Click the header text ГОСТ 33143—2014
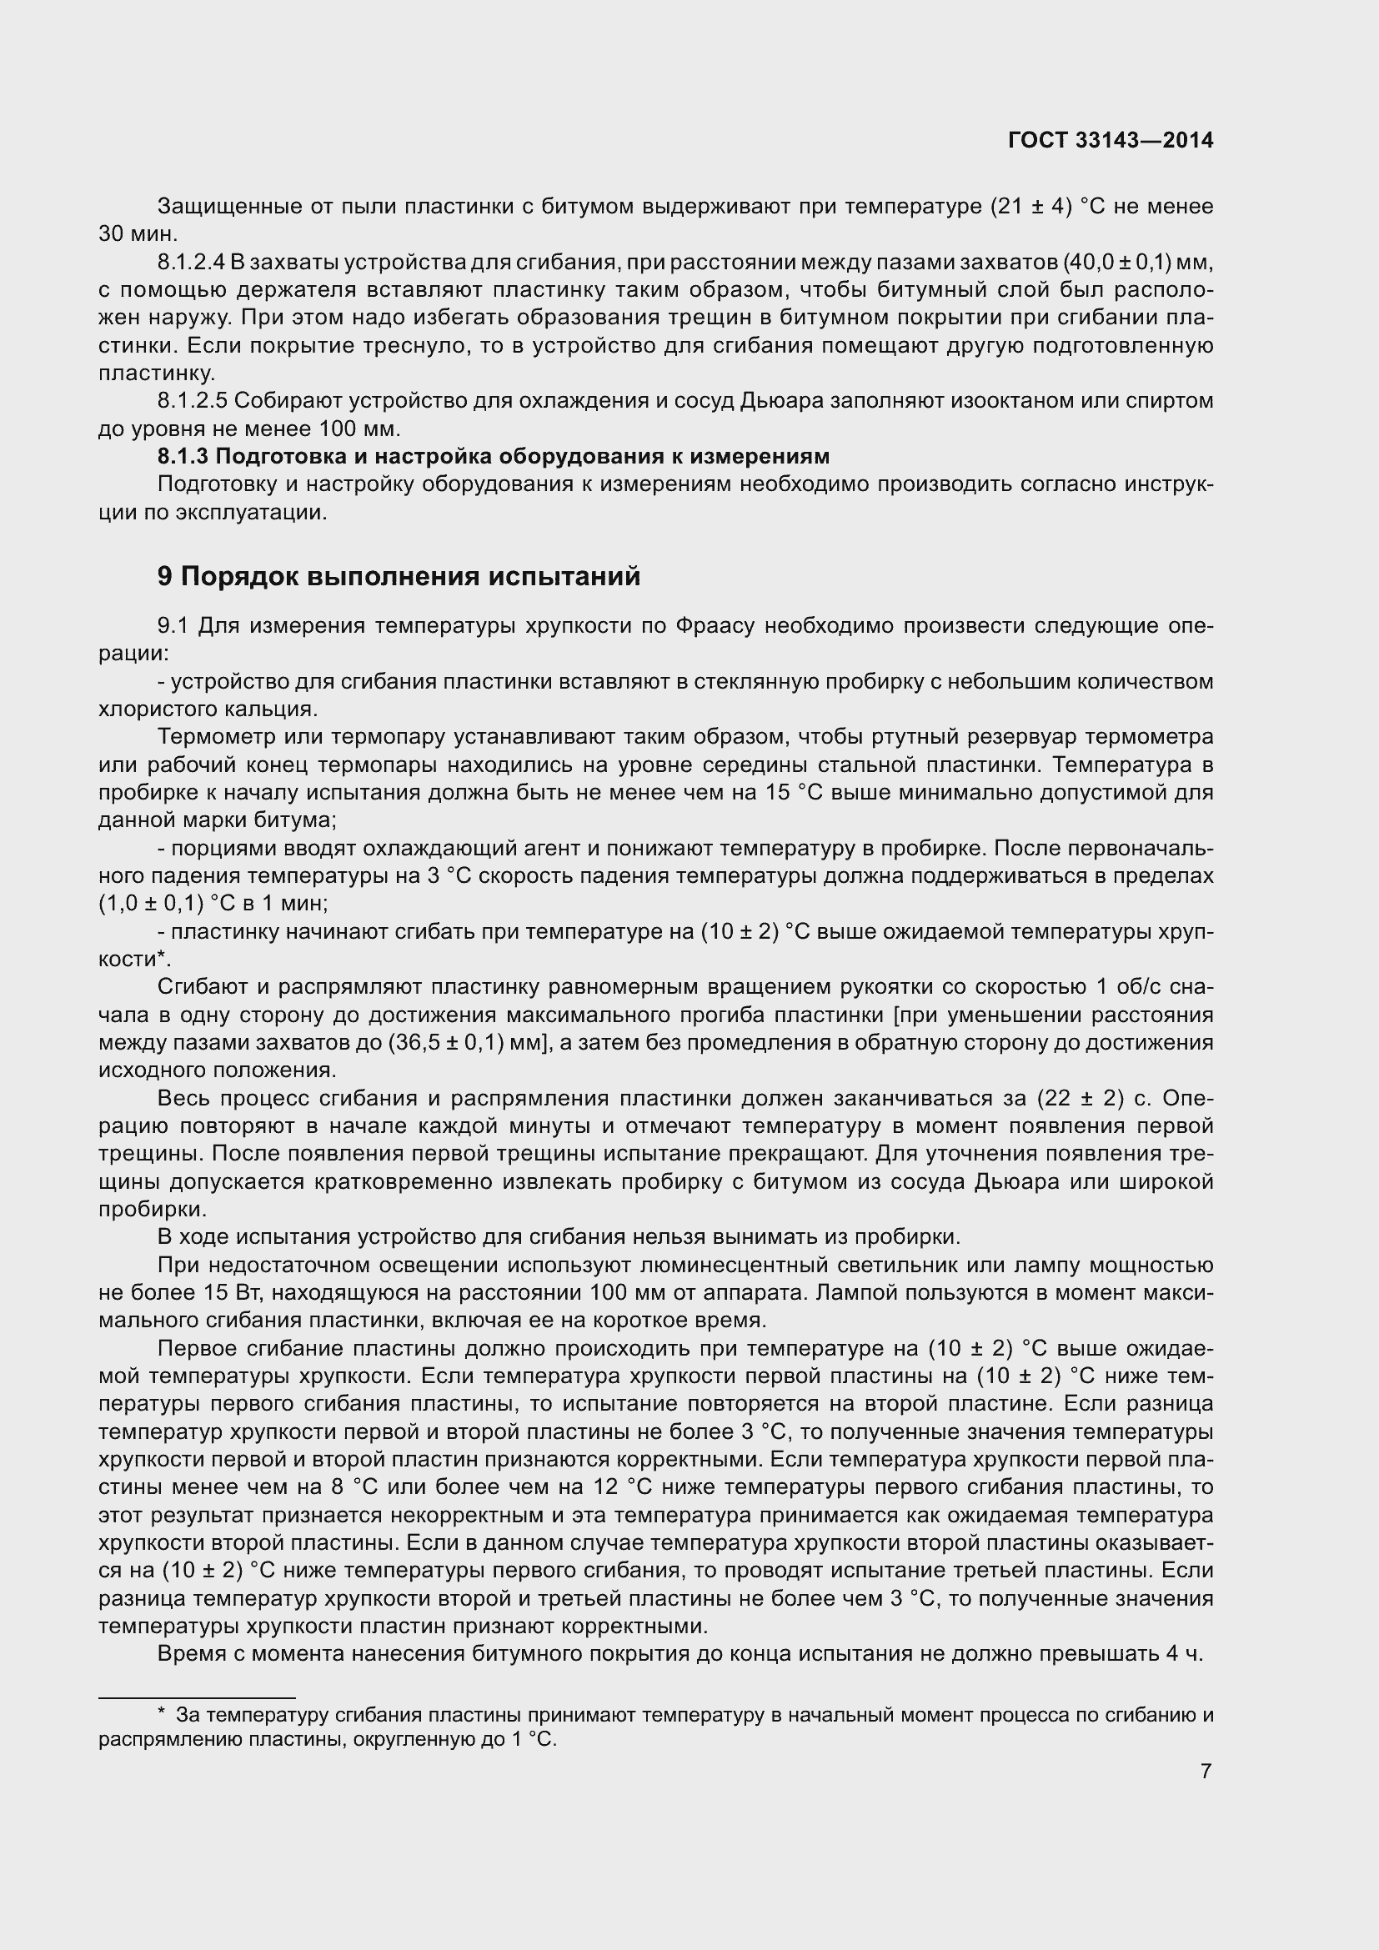point(1111,140)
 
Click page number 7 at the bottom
point(1206,1771)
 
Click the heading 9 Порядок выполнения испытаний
point(399,577)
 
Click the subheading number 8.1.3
point(183,457)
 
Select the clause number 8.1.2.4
point(191,263)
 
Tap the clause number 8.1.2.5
point(191,401)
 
